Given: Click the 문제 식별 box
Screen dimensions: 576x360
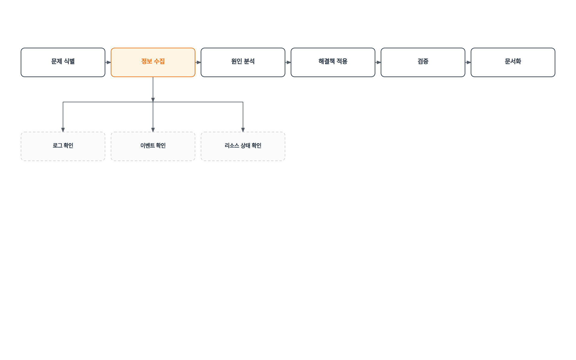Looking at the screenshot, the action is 63,62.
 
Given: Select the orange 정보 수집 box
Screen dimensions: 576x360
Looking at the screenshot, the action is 153,62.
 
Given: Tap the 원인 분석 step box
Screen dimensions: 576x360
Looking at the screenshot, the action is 243,62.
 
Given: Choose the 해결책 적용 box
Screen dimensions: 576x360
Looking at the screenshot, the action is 333,62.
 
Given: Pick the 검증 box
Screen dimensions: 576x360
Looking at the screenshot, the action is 423,62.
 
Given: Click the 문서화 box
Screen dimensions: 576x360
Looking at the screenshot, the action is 513,62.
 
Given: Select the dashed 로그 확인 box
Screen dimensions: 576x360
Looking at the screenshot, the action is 63,146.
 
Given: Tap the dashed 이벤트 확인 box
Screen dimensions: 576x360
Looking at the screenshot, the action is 153,146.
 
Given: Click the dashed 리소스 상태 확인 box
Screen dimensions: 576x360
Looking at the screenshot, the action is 243,146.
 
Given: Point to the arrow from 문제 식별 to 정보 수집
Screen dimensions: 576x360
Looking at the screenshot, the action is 108,62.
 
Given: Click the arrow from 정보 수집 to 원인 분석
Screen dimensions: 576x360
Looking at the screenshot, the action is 198,62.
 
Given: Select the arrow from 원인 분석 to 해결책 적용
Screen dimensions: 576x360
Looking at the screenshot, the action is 288,62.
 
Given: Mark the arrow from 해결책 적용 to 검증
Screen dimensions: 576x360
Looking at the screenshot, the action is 378,62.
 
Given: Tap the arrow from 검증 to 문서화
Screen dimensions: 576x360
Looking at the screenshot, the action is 468,62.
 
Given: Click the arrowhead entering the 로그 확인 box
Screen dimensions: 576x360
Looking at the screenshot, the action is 63,130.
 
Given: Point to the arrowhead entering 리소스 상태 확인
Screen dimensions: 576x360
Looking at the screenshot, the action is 243,130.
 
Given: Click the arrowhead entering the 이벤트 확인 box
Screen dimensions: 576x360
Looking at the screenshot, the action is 153,130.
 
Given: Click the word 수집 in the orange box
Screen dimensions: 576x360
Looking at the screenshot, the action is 159,61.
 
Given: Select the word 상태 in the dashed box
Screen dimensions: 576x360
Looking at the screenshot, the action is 245,145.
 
